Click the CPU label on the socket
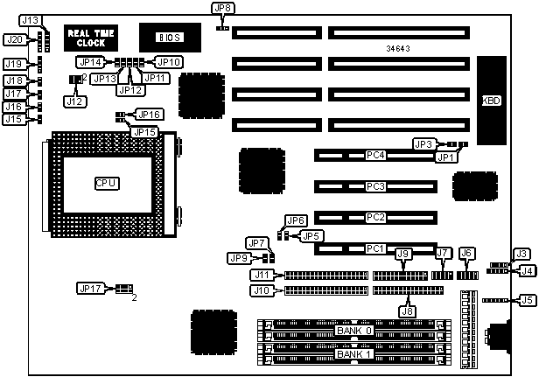(106, 182)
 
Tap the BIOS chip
(170, 38)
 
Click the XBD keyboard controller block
(491, 100)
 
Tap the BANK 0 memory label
(353, 330)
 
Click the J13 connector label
(30, 19)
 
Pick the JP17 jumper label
(90, 287)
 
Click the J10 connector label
(261, 290)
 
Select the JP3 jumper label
(423, 143)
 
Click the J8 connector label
(407, 310)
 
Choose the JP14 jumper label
(91, 62)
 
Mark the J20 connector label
(15, 39)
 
